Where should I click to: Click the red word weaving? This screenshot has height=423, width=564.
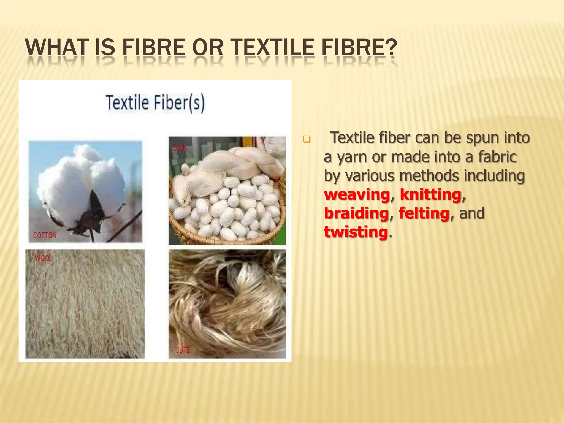coord(357,195)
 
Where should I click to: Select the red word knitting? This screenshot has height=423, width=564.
coord(430,195)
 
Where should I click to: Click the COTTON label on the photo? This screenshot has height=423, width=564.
coord(45,235)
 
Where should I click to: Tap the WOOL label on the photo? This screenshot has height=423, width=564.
coord(44,258)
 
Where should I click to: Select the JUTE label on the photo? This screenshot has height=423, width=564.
coord(183,350)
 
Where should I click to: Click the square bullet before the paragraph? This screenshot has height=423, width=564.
coord(307,139)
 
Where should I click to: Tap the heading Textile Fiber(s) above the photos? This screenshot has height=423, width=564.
coord(155,103)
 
